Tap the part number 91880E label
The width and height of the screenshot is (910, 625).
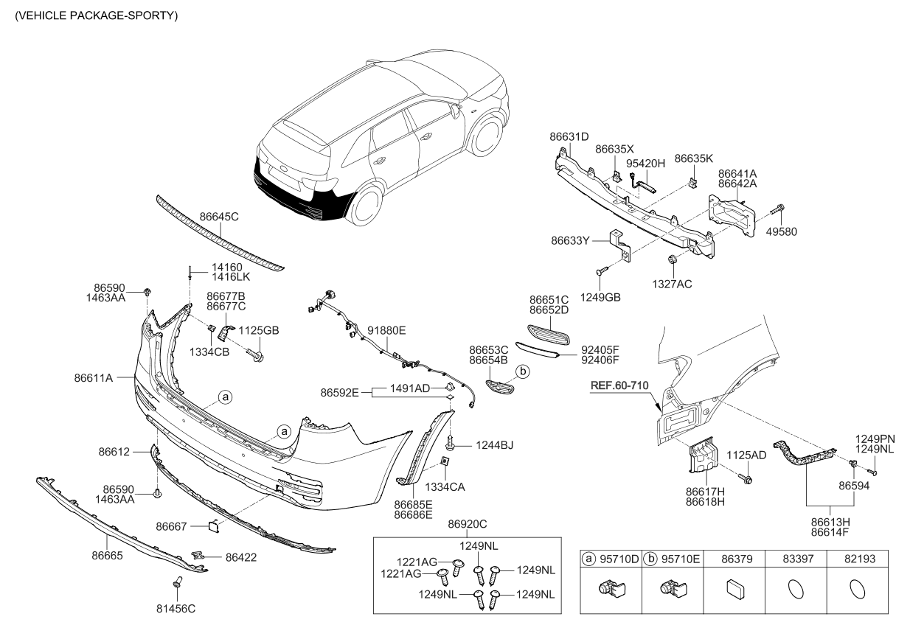pyautogui.click(x=386, y=331)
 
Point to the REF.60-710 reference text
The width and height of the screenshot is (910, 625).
pyautogui.click(x=622, y=385)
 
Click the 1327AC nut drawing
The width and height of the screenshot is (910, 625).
pyautogui.click(x=673, y=259)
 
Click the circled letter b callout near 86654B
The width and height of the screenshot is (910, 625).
pyautogui.click(x=521, y=371)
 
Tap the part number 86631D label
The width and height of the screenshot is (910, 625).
pyautogui.click(x=569, y=136)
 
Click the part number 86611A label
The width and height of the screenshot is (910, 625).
pyautogui.click(x=93, y=377)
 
